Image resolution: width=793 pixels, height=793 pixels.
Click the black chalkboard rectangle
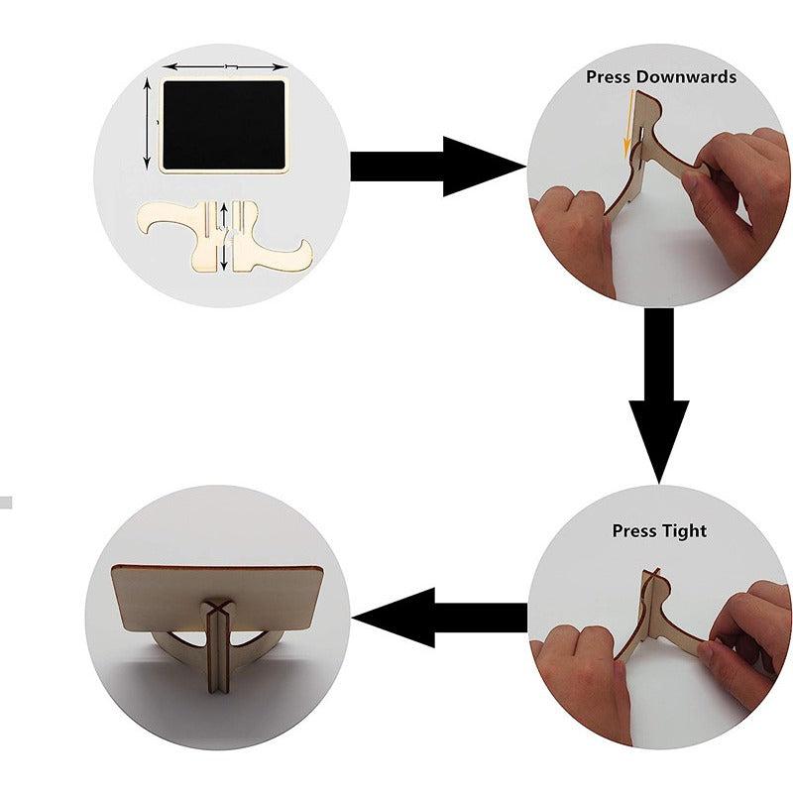[224, 125]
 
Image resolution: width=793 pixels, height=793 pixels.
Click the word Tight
[684, 531]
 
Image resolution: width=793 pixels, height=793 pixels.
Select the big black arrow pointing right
[438, 167]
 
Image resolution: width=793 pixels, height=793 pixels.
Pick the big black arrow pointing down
[658, 395]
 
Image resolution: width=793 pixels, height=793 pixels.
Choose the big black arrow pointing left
[439, 618]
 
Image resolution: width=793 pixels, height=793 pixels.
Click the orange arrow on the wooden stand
[628, 123]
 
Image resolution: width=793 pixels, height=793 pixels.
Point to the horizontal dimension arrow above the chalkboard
[228, 66]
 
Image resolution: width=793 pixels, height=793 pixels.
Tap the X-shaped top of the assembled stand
[217, 609]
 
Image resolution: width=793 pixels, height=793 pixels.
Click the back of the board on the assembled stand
[217, 597]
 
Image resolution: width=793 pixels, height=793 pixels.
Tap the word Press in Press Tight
[633, 530]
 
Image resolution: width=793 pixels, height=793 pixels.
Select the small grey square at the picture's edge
[6, 503]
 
